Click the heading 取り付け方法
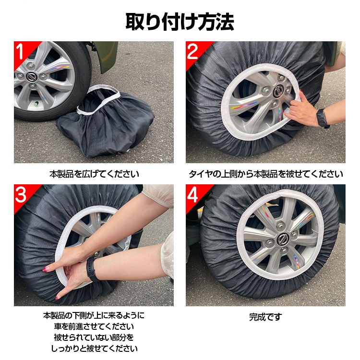click(180, 22)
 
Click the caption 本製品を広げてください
click(94, 174)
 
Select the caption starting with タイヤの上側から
click(265, 174)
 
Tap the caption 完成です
click(265, 317)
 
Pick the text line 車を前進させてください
click(94, 326)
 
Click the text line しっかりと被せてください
click(94, 348)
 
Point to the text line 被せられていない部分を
click(94, 337)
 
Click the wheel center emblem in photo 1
click(31, 77)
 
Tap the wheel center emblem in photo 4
click(282, 240)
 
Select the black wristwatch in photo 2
click(323, 118)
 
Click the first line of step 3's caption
click(94, 315)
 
